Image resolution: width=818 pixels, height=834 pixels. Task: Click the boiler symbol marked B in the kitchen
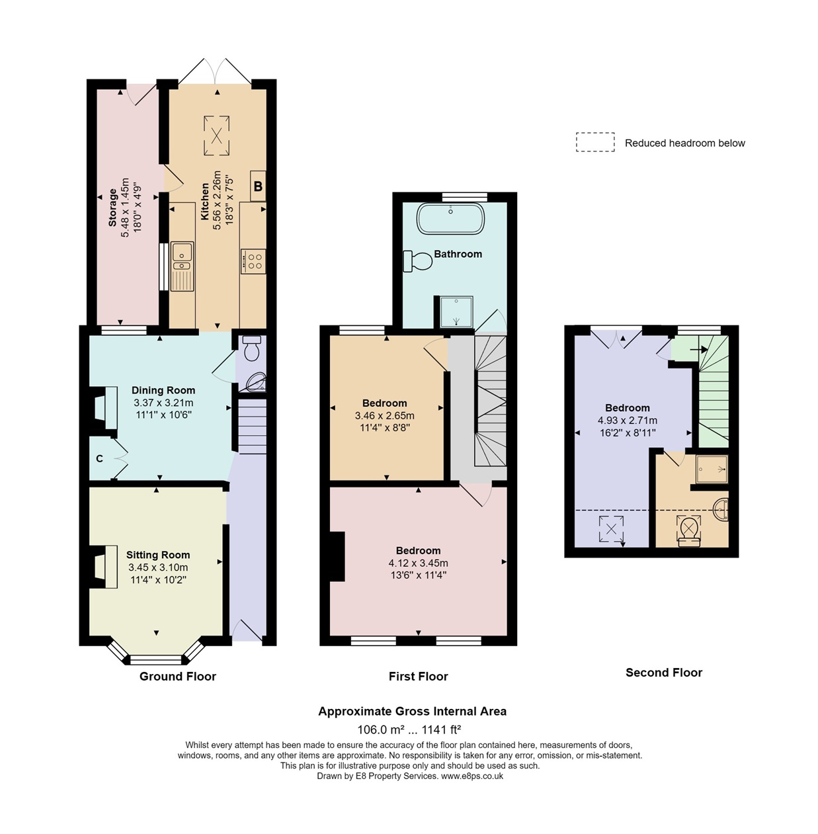pos(257,186)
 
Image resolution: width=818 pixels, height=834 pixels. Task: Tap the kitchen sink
pos(183,266)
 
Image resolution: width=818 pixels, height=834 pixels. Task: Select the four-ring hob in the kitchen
pos(253,261)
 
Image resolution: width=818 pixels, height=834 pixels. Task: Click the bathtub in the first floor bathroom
pos(450,218)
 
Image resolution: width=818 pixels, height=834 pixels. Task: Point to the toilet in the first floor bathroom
pos(418,261)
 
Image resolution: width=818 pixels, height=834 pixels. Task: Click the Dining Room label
pos(163,390)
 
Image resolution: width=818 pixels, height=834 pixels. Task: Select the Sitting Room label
pos(158,555)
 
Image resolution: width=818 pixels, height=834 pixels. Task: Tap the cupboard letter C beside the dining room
pos(100,459)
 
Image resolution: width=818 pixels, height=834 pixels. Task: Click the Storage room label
pos(112,207)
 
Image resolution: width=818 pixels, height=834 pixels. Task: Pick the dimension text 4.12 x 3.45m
pos(418,563)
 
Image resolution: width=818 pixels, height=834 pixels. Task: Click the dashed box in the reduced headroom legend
pos(594,142)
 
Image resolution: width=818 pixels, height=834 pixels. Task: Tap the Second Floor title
pos(664,672)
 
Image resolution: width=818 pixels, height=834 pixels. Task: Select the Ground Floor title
pos(177,676)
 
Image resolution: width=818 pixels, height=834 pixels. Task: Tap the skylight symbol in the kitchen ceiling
pos(216,135)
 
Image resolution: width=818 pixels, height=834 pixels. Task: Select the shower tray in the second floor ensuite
pos(712,469)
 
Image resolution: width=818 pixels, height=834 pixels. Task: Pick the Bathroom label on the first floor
pos(458,254)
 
